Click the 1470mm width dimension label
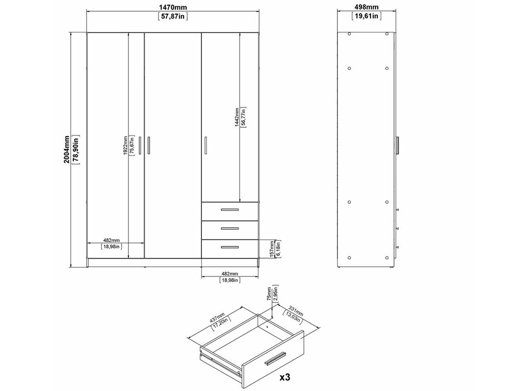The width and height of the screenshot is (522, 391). [x=172, y=7]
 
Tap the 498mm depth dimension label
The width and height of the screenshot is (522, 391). [x=366, y=7]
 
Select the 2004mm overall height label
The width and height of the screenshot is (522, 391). [x=67, y=149]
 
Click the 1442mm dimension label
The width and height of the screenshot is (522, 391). [x=237, y=117]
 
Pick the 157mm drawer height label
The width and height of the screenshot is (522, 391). [x=272, y=248]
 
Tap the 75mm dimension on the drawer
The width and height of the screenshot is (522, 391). [x=269, y=294]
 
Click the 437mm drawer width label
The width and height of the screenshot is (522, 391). [x=217, y=318]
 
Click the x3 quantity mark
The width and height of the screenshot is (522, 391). [x=285, y=377]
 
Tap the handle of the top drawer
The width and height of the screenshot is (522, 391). [x=230, y=210]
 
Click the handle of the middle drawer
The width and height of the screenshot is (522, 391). [x=230, y=229]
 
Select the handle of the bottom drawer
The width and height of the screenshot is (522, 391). [x=230, y=247]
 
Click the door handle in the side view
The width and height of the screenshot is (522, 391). [x=398, y=145]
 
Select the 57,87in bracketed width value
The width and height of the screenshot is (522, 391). [x=172, y=17]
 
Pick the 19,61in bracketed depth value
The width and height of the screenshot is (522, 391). [x=366, y=16]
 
